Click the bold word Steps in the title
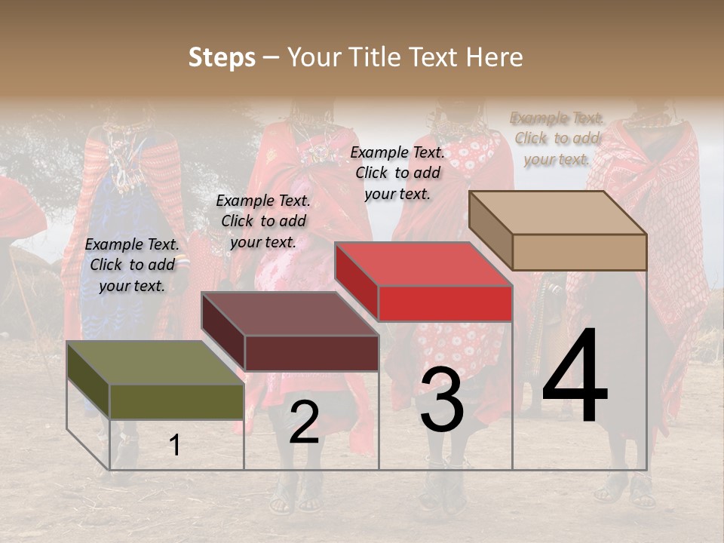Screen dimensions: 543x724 tap(222, 57)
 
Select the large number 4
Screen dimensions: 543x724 tap(575, 377)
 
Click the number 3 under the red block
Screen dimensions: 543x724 tap(442, 400)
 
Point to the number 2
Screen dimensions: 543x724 tap(304, 422)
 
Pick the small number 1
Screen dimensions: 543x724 tap(174, 446)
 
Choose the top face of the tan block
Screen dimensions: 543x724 tap(558, 213)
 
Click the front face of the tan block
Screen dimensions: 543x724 tap(579, 252)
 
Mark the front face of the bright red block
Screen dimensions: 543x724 tap(445, 303)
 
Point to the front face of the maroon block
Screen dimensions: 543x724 tap(311, 353)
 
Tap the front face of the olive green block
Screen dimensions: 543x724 tap(176, 401)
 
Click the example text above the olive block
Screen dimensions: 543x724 tap(132, 265)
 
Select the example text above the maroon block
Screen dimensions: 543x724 tap(263, 221)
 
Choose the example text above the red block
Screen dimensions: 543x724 tap(397, 173)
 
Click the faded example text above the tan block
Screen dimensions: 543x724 tap(557, 138)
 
